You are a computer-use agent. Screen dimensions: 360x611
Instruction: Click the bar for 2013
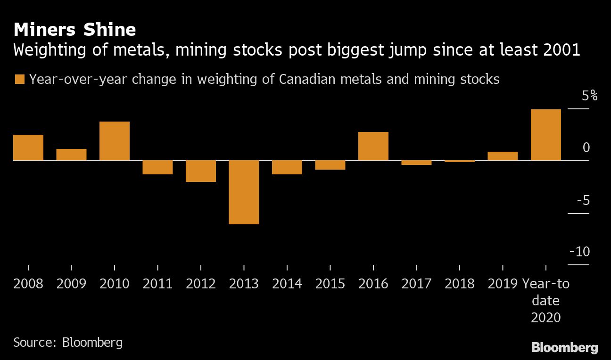point(244,192)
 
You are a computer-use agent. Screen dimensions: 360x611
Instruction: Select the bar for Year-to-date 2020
point(545,135)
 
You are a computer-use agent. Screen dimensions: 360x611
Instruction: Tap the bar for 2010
point(115,141)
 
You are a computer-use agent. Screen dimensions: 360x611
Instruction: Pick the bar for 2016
point(373,147)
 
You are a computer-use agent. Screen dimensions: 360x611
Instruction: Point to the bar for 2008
point(28,148)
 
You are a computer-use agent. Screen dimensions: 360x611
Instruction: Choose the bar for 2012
point(201,171)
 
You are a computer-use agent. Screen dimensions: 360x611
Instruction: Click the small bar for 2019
point(503,156)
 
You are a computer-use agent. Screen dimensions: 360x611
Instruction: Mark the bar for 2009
point(71,155)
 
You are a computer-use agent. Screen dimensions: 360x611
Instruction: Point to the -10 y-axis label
point(579,252)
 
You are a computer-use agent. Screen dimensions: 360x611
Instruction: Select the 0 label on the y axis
point(586,148)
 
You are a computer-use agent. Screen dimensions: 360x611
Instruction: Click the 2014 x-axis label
point(287,284)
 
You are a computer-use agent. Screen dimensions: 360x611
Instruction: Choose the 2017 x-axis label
point(416,284)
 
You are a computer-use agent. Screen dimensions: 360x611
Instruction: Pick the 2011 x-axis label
point(157,284)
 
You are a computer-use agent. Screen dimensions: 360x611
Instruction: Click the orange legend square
point(19,79)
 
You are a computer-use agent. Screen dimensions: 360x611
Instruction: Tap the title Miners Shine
point(74,30)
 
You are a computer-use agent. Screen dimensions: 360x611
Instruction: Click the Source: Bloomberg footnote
point(68,342)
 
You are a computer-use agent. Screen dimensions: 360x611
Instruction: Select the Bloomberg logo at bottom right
point(564,348)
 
